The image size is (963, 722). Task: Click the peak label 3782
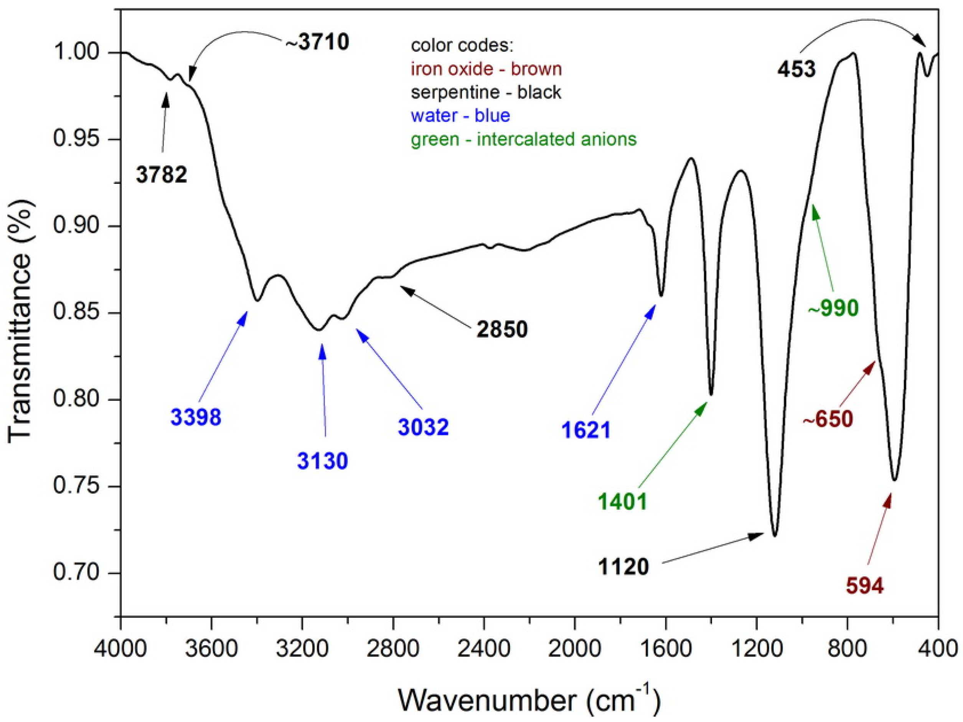pyautogui.click(x=161, y=175)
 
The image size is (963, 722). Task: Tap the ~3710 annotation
pyautogui.click(x=317, y=43)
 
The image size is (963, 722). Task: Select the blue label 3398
pyautogui.click(x=196, y=417)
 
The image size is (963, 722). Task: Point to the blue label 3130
pyautogui.click(x=323, y=461)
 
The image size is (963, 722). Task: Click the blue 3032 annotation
pyautogui.click(x=423, y=427)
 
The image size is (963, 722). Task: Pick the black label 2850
pyautogui.click(x=502, y=330)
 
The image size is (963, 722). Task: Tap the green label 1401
pyautogui.click(x=622, y=502)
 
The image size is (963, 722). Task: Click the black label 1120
pyautogui.click(x=623, y=567)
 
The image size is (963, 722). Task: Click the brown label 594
pyautogui.click(x=865, y=586)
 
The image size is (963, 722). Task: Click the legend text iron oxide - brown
pyautogui.click(x=486, y=69)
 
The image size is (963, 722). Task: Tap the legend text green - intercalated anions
pyautogui.click(x=523, y=139)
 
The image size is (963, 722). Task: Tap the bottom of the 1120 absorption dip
pyautogui.click(x=775, y=535)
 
